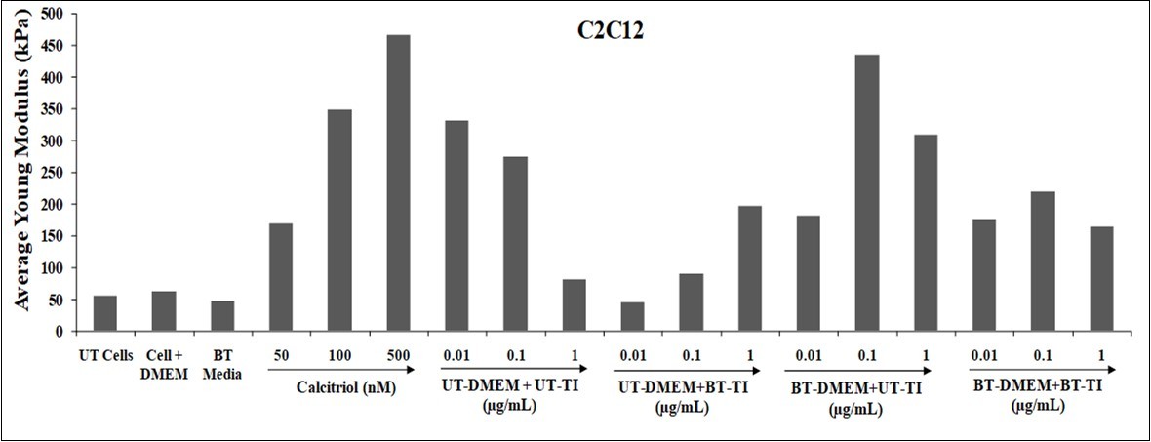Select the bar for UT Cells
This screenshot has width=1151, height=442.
click(105, 313)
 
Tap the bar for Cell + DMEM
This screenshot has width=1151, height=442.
click(164, 311)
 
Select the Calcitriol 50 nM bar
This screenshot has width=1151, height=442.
click(281, 278)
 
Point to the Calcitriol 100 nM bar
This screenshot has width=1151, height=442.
click(339, 221)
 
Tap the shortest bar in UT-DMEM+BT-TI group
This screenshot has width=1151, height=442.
click(632, 317)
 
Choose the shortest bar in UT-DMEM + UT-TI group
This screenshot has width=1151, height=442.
click(574, 305)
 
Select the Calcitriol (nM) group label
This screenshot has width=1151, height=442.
click(338, 387)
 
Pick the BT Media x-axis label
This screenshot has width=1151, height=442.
click(222, 356)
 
